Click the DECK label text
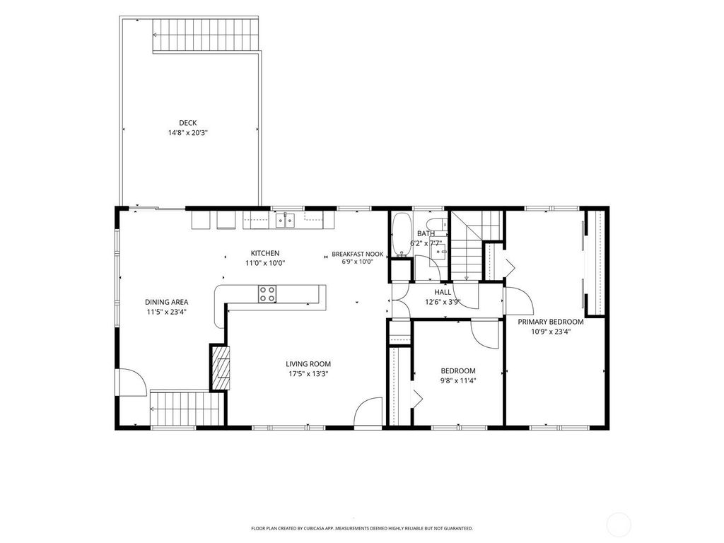[x=188, y=123]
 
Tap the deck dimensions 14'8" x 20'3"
[x=188, y=133]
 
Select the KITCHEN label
[x=265, y=253]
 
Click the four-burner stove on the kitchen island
[x=267, y=294]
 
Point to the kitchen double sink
[x=286, y=221]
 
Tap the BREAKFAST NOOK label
[x=357, y=254]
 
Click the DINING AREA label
[x=167, y=302]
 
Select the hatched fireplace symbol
[x=221, y=368]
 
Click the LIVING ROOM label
[x=308, y=364]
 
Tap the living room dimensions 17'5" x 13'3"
[x=308, y=374]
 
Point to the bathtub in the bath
[x=402, y=234]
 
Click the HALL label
[x=443, y=292]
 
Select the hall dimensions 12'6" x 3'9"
[x=443, y=303]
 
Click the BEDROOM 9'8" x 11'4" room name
[x=458, y=370]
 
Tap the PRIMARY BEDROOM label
[x=550, y=322]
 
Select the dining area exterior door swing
[x=132, y=382]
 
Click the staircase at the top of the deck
[x=206, y=35]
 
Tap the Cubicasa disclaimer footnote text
[x=361, y=527]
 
